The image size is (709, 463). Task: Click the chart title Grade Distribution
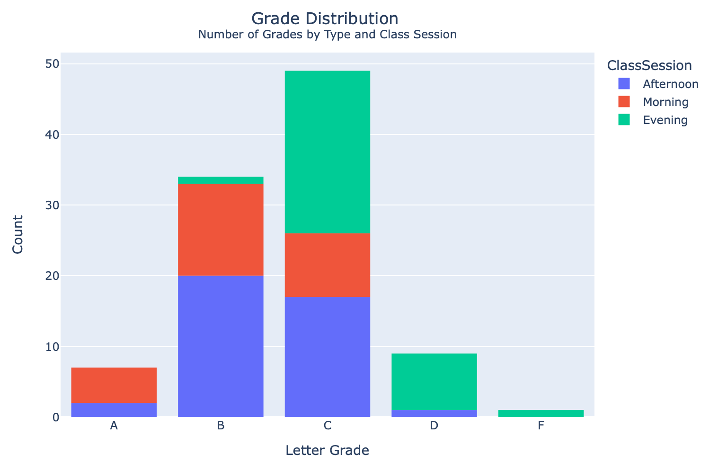tap(325, 18)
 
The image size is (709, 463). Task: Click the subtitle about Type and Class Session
tap(327, 35)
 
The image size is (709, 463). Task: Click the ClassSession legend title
tap(649, 65)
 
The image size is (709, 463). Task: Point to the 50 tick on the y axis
tap(52, 64)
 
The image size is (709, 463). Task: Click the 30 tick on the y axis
tap(52, 205)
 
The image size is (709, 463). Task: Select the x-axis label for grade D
tap(434, 425)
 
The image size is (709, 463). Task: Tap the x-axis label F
tap(541, 425)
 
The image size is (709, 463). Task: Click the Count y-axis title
tap(18, 234)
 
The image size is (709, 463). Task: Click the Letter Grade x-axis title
tap(327, 450)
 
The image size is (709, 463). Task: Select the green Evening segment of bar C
tap(327, 152)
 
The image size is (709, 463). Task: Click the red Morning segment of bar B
tap(221, 230)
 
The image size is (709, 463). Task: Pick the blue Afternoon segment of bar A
tap(114, 410)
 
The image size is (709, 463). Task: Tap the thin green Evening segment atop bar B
tap(221, 180)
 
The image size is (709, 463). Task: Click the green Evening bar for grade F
tap(541, 414)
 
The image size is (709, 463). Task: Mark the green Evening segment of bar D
tap(434, 382)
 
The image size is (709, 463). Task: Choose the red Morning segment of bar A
tap(114, 385)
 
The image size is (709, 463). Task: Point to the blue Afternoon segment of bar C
tap(327, 357)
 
